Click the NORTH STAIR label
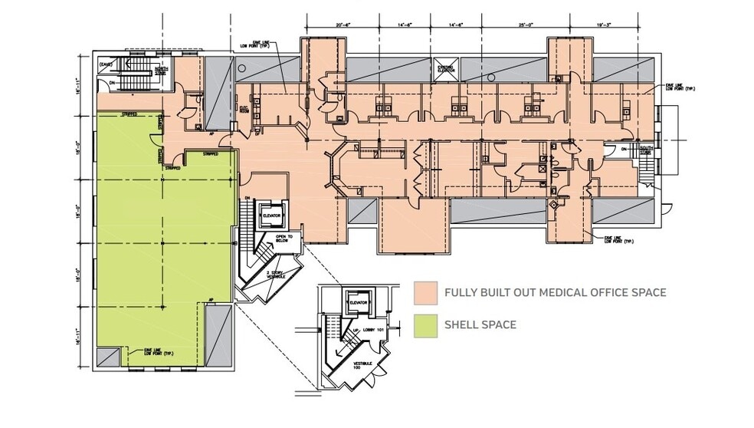162,71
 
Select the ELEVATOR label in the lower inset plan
359,303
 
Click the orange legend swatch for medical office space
425,292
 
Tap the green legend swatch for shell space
425,325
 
